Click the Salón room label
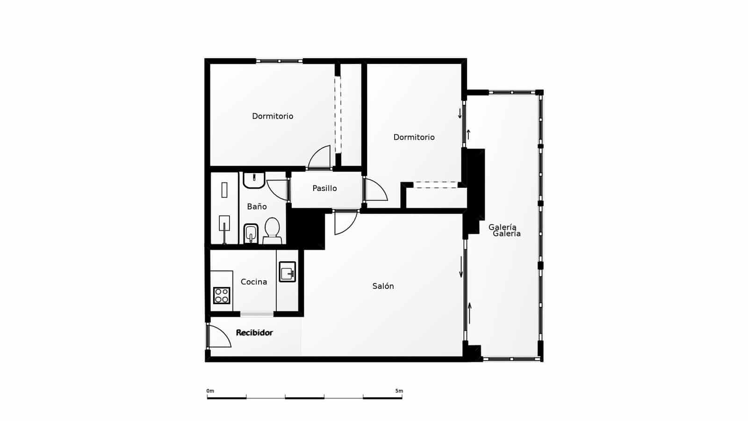pos(383,286)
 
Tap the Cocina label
pos(254,282)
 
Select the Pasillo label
pos(324,188)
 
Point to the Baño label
pos(257,206)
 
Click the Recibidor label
pos(254,333)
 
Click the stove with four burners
pos(222,295)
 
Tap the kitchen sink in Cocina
pos(287,271)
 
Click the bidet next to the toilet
pos(251,233)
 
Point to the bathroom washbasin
pos(254,180)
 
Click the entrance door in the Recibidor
pos(218,336)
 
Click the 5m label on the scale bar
pos(399,391)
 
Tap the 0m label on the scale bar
pos(210,391)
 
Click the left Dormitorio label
pos(273,116)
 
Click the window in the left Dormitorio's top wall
pos(280,61)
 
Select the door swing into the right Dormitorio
pos(375,190)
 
